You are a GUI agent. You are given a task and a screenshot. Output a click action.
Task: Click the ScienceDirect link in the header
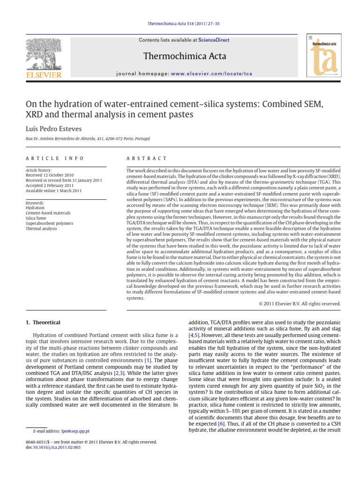point(214,40)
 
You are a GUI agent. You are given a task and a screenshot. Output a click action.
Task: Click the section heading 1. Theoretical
point(42,322)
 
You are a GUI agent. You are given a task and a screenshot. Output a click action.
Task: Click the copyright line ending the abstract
point(300,304)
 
